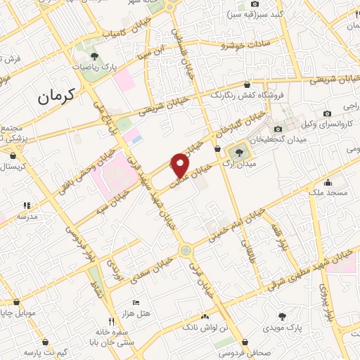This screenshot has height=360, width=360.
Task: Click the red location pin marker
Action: coord(181,165)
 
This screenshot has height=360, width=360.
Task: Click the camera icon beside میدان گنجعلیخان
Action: coord(278,128)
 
